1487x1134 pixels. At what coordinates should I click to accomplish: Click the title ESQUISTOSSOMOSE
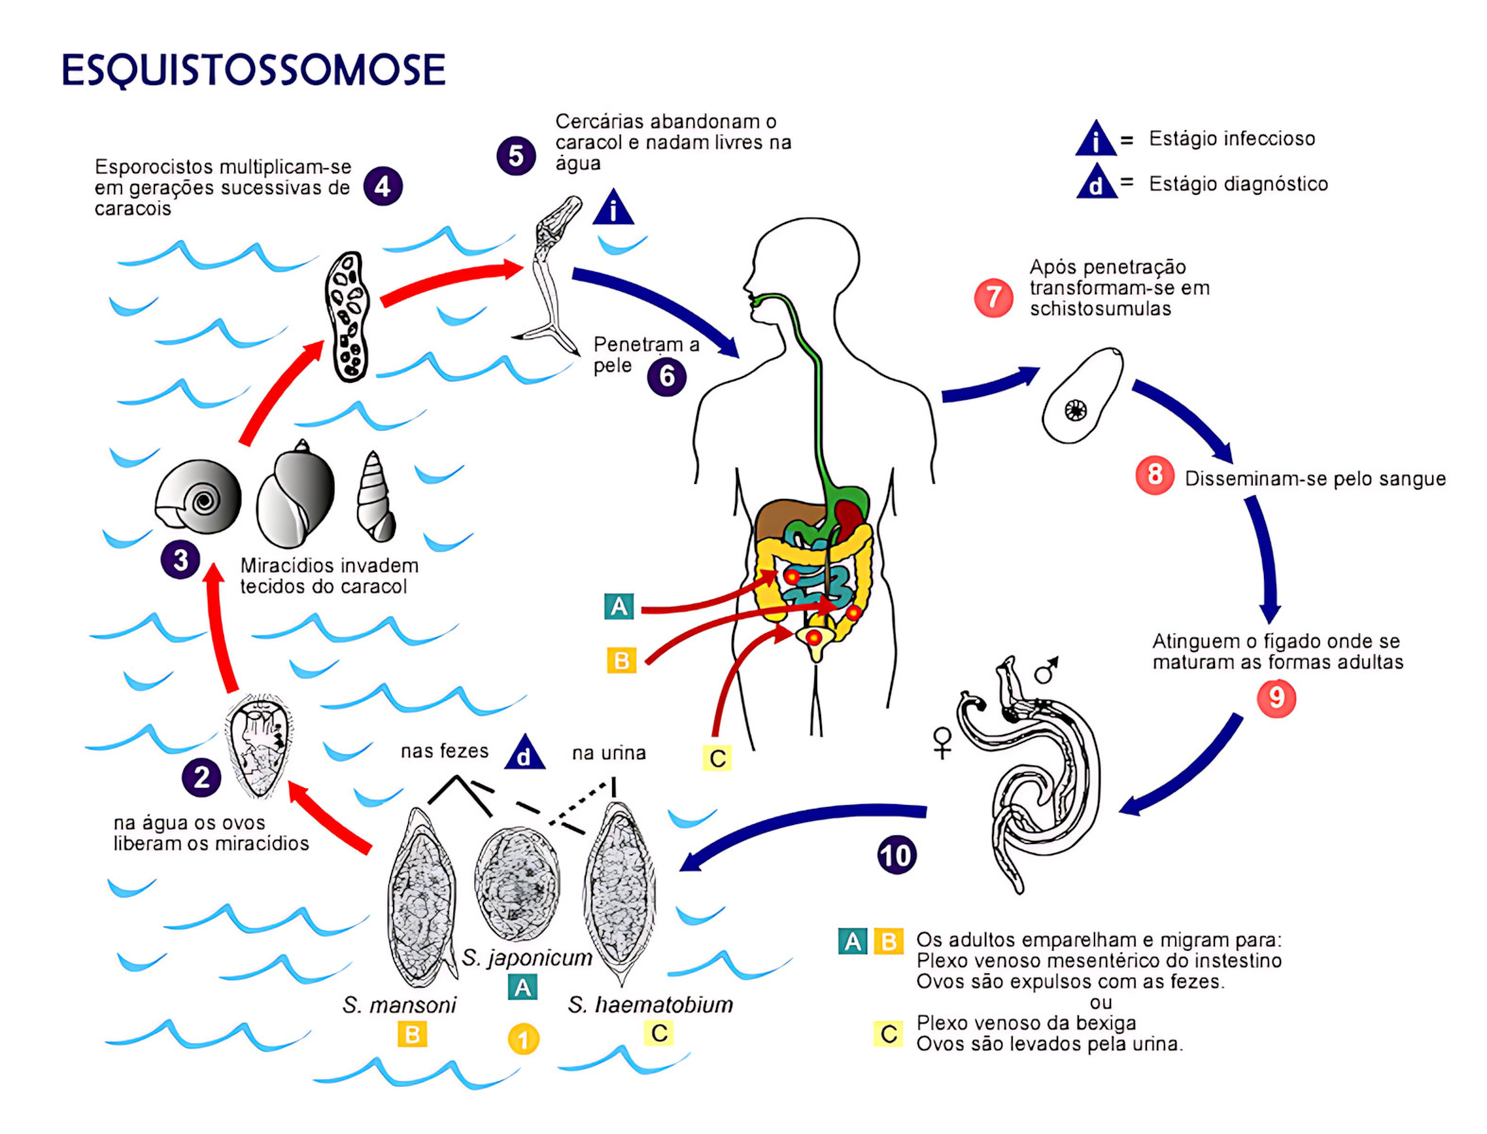tap(253, 71)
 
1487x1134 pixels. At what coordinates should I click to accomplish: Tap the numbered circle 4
tap(383, 186)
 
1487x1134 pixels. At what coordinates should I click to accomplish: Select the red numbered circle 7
tap(993, 298)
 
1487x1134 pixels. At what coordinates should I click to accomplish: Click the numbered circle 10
tap(896, 855)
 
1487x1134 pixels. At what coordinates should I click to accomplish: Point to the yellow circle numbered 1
tap(523, 1039)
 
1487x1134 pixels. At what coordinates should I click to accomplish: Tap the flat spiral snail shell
tap(198, 497)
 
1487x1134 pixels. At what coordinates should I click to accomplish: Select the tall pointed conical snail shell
tap(375, 498)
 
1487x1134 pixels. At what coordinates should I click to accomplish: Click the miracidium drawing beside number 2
tap(258, 747)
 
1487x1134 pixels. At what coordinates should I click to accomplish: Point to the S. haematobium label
tap(650, 1005)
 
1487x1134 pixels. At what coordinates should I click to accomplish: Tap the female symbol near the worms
tap(942, 742)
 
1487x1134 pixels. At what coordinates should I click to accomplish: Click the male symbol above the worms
tap(1046, 670)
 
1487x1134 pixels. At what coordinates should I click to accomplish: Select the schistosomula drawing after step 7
tap(1082, 396)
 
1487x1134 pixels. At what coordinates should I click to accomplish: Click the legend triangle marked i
tap(1096, 139)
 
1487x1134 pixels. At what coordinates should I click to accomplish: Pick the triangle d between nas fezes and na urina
tap(524, 753)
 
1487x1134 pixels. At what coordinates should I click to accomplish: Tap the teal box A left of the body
tap(619, 607)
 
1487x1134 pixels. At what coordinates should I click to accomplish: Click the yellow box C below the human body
tap(718, 758)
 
